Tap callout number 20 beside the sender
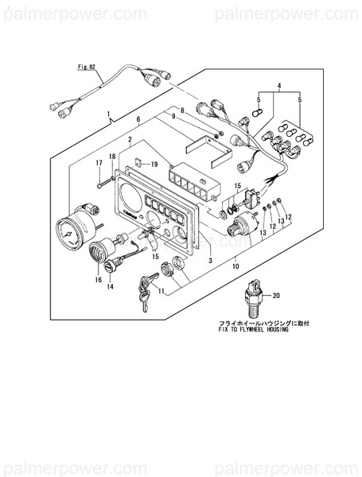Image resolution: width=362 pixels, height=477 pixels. point(276,295)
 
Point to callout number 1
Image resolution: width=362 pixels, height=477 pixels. point(108,115)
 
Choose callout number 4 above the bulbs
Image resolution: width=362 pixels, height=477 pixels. point(279,85)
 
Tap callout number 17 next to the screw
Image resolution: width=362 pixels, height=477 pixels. point(99,163)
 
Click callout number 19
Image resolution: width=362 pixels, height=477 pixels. point(154,164)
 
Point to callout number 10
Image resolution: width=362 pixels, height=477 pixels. point(235,267)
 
